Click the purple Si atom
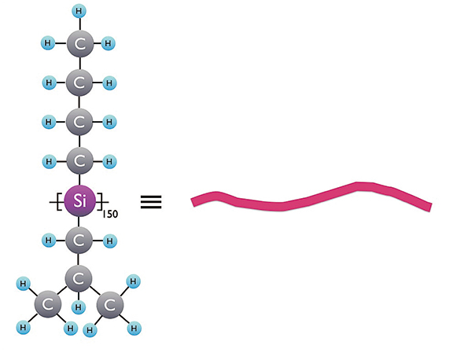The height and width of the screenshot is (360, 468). click(79, 200)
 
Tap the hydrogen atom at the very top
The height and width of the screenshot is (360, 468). click(79, 11)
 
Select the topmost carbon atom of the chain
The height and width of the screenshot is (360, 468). click(79, 43)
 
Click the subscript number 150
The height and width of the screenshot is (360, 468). click(110, 214)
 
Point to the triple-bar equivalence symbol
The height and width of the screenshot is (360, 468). click(151, 202)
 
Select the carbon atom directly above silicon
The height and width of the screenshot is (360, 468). click(79, 161)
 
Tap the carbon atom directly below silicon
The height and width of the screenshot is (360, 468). click(79, 241)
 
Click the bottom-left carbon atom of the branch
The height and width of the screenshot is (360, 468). click(48, 304)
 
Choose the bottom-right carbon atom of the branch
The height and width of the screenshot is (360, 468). click(110, 305)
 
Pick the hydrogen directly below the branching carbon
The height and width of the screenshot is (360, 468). click(78, 307)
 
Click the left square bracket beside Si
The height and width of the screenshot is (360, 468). click(60, 202)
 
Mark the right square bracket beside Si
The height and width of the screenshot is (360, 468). click(100, 202)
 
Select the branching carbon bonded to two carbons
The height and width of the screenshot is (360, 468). click(79, 278)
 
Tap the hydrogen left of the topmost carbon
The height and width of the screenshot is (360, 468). click(48, 43)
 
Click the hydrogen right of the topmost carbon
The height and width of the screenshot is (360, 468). click(109, 43)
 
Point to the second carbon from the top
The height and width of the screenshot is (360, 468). click(79, 83)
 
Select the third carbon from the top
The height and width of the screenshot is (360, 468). click(79, 122)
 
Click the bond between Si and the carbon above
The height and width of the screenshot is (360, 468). click(79, 180)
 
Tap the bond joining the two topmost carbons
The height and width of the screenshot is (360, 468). click(79, 63)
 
